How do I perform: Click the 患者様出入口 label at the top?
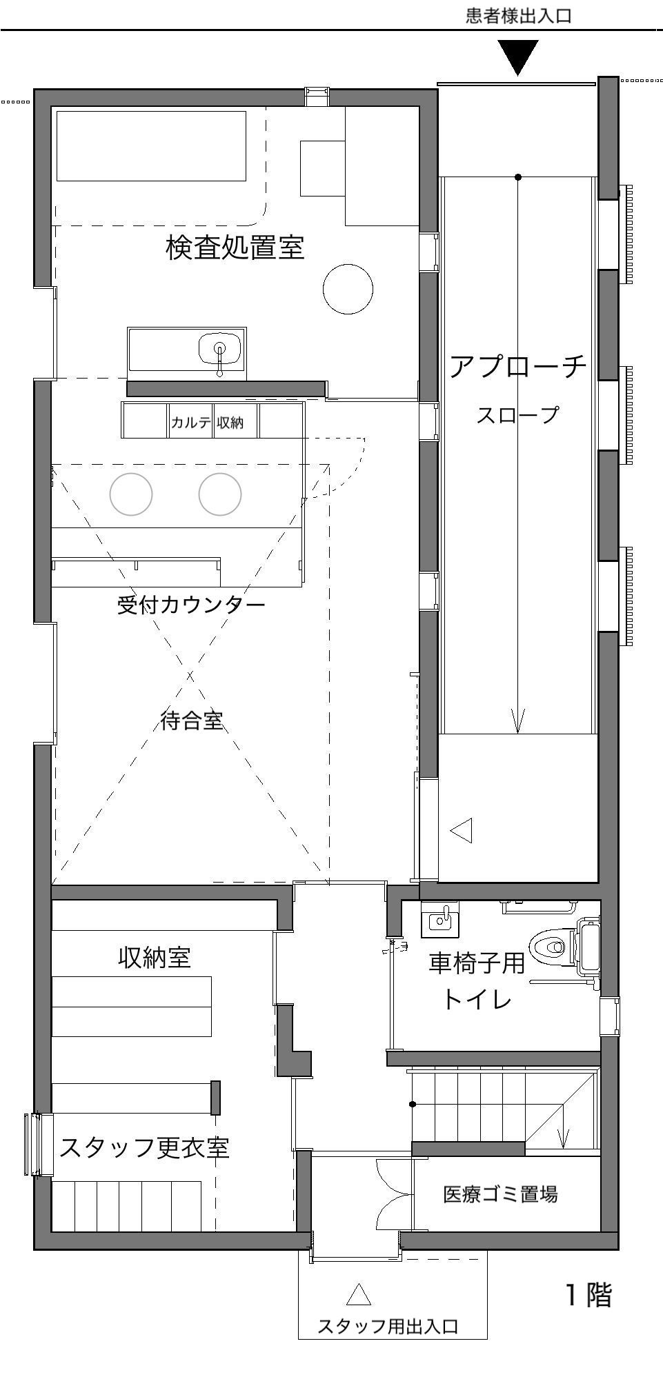pos(519,16)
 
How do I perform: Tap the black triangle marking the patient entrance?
pos(517,57)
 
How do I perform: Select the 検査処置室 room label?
pos(235,247)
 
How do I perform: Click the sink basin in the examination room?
pos(220,350)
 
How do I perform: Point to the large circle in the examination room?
pos(348,289)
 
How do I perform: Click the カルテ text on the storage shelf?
pos(191,422)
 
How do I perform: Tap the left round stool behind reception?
pos(131,494)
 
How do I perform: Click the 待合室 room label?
pos(192,721)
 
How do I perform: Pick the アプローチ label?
pos(518,366)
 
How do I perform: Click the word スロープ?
pos(517,415)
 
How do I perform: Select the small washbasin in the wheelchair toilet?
pos(441,919)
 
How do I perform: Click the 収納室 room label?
pos(155,957)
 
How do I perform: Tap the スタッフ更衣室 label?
pos(144,1147)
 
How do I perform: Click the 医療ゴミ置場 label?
pos(500,1194)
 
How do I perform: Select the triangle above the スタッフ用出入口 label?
pos(359,1294)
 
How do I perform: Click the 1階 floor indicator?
pos(588,1295)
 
